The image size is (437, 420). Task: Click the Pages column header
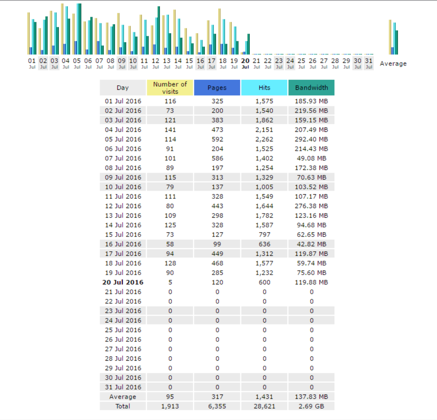coord(217,88)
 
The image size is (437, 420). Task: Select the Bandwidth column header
coord(311,88)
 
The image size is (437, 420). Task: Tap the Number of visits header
coord(170,88)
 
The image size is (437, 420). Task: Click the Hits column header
coord(264,88)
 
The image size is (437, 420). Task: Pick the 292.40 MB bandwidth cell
coord(311,139)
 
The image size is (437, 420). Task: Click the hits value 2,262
coord(264,139)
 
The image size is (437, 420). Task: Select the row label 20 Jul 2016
coord(123,282)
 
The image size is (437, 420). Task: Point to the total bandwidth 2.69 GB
coord(311,407)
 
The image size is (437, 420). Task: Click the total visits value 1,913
coord(170,407)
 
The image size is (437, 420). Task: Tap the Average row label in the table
coord(123,397)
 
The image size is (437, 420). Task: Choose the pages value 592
coord(217,139)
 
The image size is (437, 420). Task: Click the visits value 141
coord(170,130)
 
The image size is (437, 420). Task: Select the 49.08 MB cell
coord(311,158)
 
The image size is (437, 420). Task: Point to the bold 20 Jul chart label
coord(245,63)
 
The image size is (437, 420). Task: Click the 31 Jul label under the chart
coord(369,63)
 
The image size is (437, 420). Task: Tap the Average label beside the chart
coord(393,64)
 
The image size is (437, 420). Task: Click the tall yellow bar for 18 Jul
coord(219,31)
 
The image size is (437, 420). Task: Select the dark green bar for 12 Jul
coord(159,31)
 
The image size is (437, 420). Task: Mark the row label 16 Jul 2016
coord(123,244)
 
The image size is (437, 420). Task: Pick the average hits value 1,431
coord(264,397)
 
